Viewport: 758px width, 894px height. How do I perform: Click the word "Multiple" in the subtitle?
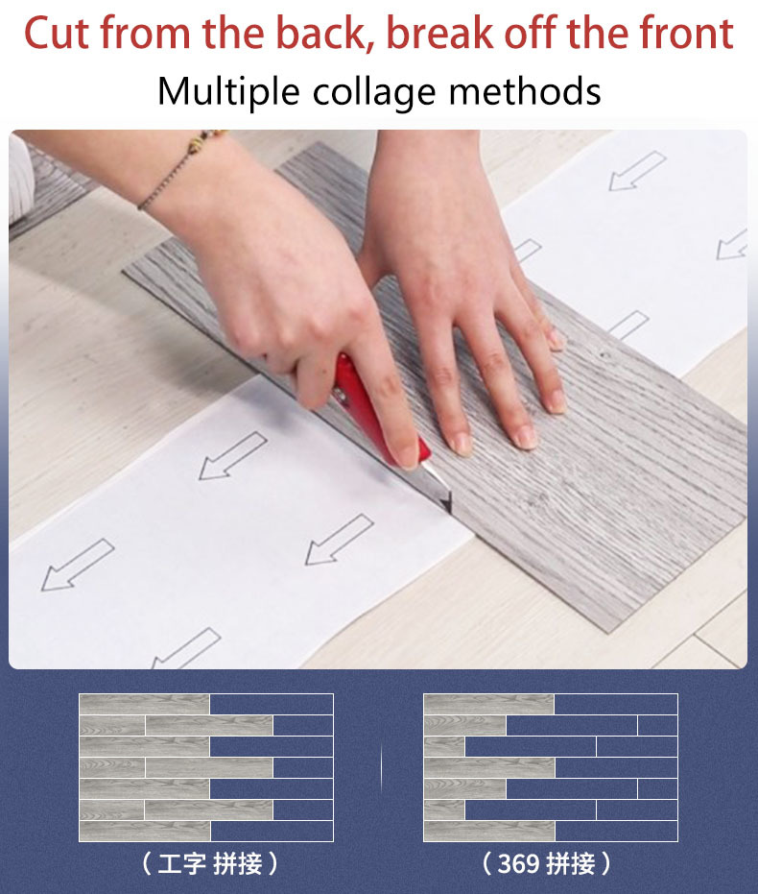coord(228,92)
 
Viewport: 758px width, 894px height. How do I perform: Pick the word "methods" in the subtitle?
coord(525,91)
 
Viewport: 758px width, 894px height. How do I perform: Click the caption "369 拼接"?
coord(546,863)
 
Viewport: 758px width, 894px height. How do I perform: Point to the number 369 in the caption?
coord(518,864)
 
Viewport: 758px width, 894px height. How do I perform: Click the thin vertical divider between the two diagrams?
coord(382,768)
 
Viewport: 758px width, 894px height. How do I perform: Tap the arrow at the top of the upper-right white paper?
coord(637,171)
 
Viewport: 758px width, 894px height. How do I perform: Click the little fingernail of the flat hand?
coord(556,341)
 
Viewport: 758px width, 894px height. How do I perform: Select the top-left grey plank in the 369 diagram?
coord(488,704)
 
